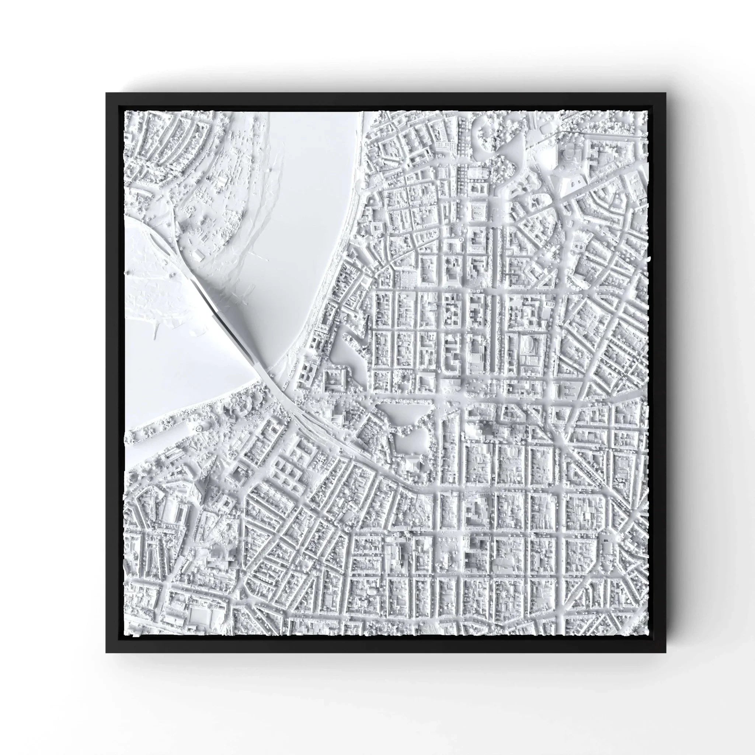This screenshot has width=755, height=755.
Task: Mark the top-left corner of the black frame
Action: [106, 93]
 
